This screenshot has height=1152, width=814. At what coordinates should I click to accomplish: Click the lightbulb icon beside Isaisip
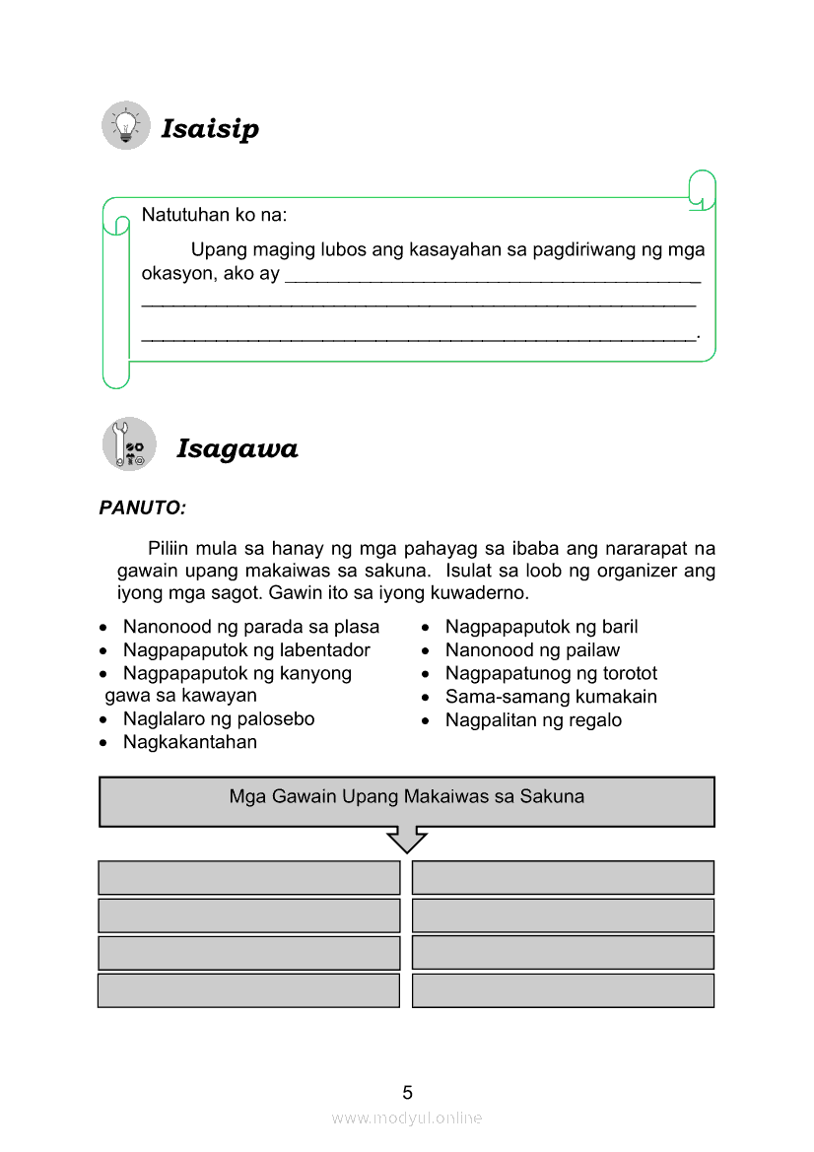click(x=126, y=125)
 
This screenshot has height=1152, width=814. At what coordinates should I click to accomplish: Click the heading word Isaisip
click(x=210, y=129)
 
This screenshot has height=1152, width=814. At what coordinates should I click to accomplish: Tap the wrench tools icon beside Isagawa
click(x=129, y=444)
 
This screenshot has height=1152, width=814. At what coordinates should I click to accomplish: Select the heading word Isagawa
click(x=237, y=449)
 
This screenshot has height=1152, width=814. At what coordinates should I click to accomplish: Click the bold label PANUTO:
click(x=142, y=508)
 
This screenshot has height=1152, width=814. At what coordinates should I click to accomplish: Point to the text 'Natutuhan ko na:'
click(x=215, y=215)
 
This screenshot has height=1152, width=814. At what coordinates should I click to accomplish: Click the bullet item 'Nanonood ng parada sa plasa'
click(x=250, y=627)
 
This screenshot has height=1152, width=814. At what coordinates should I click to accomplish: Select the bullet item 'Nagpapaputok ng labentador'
click(x=246, y=650)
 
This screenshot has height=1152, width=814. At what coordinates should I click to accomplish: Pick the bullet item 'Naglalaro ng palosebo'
click(x=219, y=719)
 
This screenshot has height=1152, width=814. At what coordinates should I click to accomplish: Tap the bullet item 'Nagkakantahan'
click(x=190, y=742)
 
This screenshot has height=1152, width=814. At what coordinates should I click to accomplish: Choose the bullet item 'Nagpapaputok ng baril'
click(x=541, y=627)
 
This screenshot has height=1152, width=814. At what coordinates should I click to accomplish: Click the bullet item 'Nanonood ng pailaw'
click(x=532, y=650)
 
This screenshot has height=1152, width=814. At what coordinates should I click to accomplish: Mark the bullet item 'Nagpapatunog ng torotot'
click(x=551, y=674)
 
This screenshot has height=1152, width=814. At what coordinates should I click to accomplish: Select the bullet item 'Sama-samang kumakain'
click(x=551, y=697)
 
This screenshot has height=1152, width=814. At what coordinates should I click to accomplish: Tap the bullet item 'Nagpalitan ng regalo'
click(x=533, y=720)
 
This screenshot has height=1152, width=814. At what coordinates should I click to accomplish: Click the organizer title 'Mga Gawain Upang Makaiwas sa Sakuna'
click(x=406, y=796)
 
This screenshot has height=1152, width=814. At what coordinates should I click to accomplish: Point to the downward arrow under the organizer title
click(x=407, y=841)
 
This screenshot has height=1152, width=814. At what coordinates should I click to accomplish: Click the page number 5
click(x=407, y=1092)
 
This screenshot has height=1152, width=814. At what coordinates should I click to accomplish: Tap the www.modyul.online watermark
click(x=407, y=1118)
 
